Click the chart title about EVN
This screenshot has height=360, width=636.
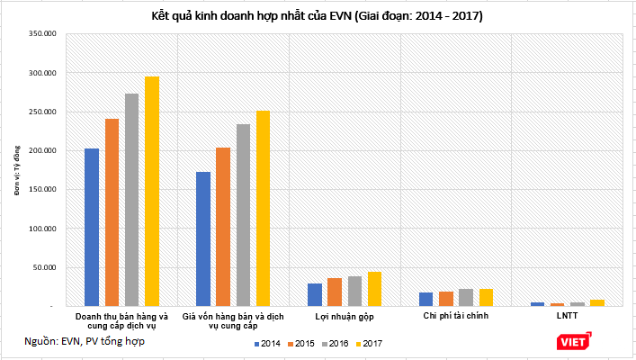[318, 16]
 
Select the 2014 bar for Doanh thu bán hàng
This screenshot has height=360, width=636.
[92, 227]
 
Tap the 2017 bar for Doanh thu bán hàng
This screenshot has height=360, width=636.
[152, 191]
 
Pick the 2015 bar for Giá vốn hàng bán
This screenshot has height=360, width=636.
[223, 227]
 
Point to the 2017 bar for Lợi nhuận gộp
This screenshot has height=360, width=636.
[374, 289]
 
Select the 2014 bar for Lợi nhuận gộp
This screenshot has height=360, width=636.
[315, 294]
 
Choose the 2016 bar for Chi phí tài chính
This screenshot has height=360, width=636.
[465, 297]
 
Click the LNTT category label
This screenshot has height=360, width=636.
[566, 316]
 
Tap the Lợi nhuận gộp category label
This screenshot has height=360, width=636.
[345, 316]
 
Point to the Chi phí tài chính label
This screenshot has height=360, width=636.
[455, 316]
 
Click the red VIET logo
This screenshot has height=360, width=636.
[573, 339]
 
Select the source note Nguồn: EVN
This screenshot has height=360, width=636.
[85, 340]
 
